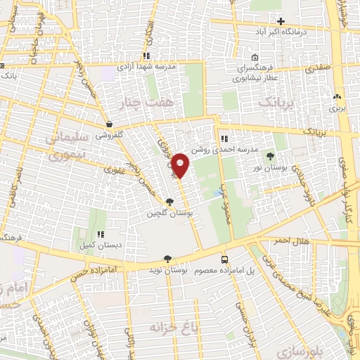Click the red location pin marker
pyautogui.click(x=181, y=166)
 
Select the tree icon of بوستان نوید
pyautogui.click(x=167, y=258)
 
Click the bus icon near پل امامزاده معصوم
pyautogui.click(x=224, y=258)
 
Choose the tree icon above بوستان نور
pyautogui.click(x=270, y=156)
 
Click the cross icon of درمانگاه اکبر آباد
pyautogui.click(x=282, y=21)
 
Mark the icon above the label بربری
pyautogui.click(x=337, y=98)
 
